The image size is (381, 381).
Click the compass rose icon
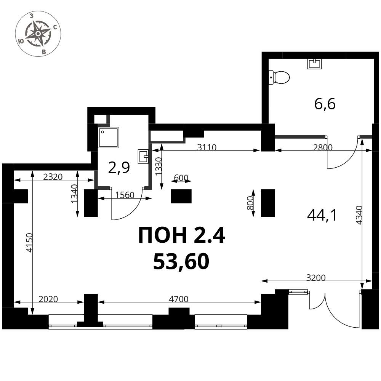38,34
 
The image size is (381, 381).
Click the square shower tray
109,138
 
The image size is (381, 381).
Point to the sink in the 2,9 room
143,156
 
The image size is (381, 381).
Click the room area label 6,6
325,104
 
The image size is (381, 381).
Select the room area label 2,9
119,168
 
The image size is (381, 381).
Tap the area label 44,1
322,216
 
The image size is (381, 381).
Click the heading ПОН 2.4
181,235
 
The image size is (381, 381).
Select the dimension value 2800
322,147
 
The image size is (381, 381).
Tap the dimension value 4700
179,299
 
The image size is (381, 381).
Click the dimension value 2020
48,299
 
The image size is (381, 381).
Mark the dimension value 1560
125,195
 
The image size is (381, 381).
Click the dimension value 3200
316,277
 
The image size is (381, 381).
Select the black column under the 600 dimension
181,196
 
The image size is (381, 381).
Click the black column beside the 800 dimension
268,203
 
